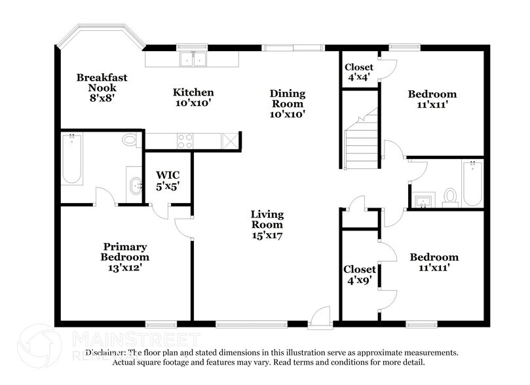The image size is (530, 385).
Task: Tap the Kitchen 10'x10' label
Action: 193,98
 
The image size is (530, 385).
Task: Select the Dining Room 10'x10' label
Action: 287,103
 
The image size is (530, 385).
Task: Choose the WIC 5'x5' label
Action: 167,180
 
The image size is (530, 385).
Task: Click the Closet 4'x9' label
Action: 360,274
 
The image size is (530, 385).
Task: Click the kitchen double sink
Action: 193,59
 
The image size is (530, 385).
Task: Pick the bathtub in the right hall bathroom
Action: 472,183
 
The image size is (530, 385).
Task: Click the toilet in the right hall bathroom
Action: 450,196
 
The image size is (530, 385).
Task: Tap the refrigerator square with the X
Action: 230,141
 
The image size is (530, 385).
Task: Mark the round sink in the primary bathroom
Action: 136,185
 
